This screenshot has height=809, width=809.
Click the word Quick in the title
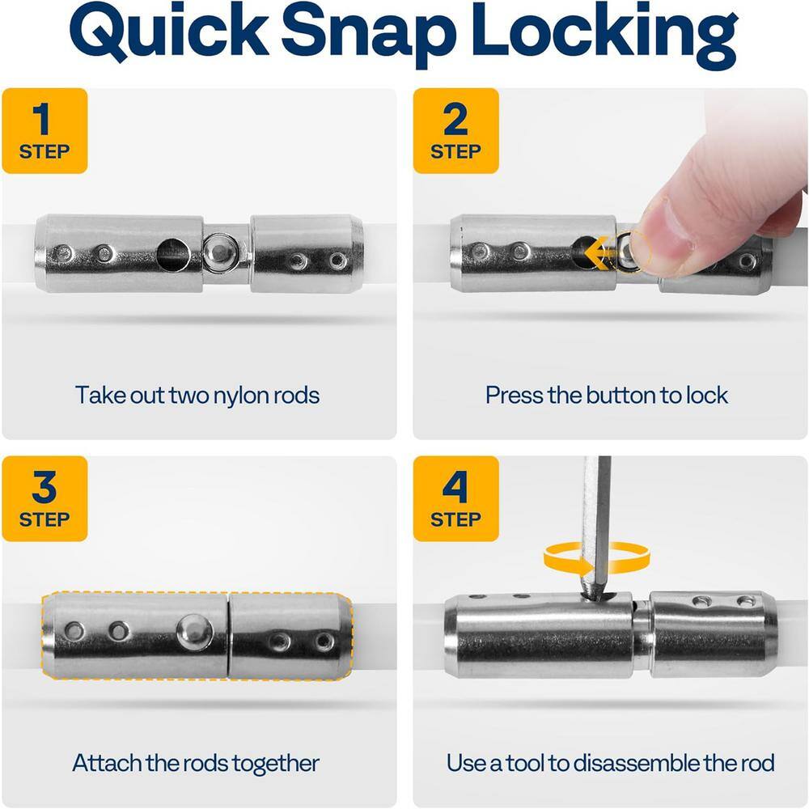[169, 32]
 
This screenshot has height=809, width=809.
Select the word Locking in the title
[605, 34]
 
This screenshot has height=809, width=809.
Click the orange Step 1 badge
[44, 130]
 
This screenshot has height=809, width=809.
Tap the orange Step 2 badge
[456, 130]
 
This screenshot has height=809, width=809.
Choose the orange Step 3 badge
[44, 498]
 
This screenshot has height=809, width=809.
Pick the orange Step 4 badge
[456, 498]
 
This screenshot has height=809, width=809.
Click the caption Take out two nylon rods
[197, 396]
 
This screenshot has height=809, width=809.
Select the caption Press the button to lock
[607, 396]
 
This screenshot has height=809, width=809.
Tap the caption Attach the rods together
[196, 763]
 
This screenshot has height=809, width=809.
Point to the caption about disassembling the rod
[610, 763]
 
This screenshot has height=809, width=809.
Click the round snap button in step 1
[221, 252]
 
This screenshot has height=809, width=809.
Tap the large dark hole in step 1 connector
[173, 254]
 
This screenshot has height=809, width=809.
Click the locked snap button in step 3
[193, 630]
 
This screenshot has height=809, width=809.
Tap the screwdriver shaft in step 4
[596, 527]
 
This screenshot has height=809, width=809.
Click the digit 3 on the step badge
[44, 486]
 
